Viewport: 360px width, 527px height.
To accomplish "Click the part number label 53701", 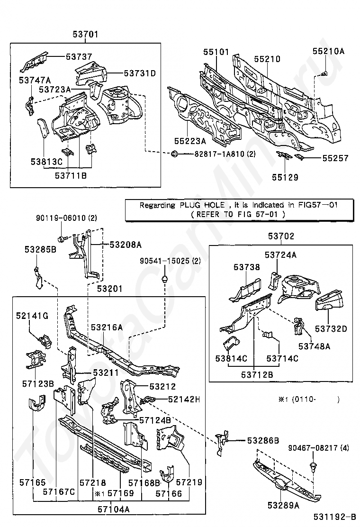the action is pos(85,34).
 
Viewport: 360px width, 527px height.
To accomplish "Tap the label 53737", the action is pos(79,57).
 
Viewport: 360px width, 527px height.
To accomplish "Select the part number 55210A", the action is pos(328,51).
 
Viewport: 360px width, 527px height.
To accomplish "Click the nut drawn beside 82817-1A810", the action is pos(175,154).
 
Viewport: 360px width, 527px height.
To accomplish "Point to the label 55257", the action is pos(335,158).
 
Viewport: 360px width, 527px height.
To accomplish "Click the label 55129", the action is pos(285,177).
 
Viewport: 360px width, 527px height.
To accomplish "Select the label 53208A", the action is pos(126,245).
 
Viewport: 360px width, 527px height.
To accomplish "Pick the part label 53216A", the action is pos(107,327).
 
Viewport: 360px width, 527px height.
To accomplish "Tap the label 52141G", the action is pos(32,316).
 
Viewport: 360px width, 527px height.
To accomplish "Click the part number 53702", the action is pos(281,236).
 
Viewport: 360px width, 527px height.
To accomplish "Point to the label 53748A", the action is pos(315,346).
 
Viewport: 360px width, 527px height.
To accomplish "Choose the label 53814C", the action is pos(231,358).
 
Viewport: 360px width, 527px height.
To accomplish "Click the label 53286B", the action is pos(263,440).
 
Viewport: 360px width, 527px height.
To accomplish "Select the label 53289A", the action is pos(283,505).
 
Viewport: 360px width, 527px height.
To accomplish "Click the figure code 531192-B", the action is pos(335,517).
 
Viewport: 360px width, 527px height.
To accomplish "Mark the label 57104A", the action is pos(114,509).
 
